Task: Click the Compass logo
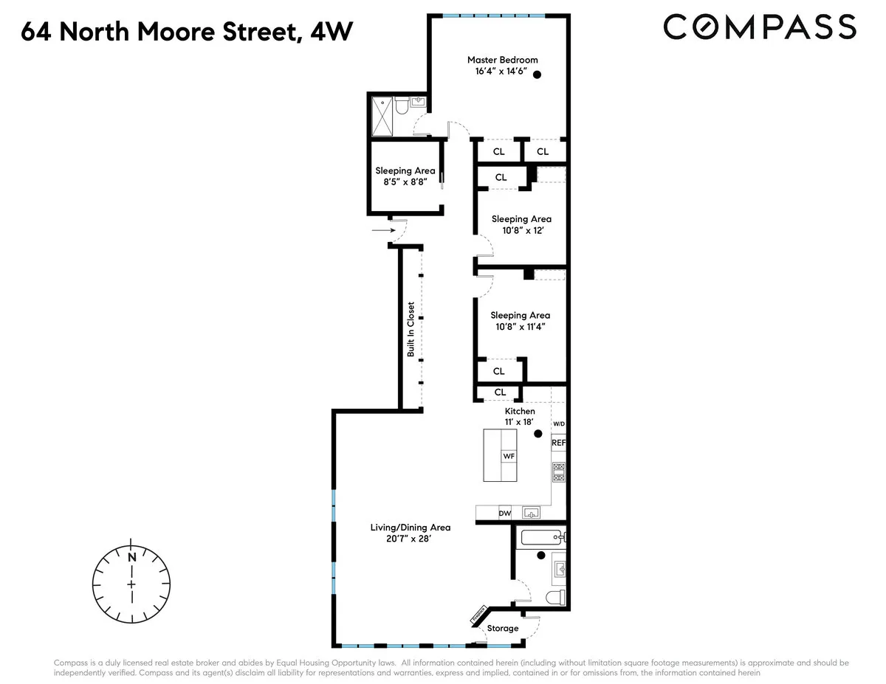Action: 760,27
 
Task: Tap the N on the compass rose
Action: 131,558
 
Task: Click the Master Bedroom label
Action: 502,60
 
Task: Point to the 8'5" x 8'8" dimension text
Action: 404,183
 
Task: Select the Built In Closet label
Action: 411,329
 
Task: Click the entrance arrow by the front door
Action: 383,230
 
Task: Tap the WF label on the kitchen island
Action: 509,456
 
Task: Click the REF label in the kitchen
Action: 559,443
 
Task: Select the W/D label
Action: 559,424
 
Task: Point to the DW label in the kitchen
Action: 505,513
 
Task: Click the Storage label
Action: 502,629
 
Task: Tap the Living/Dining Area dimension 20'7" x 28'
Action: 411,539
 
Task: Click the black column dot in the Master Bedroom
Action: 538,75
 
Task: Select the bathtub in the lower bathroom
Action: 543,537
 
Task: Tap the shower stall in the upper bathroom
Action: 382,116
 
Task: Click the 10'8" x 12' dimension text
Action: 521,231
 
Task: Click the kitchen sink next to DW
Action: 531,512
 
